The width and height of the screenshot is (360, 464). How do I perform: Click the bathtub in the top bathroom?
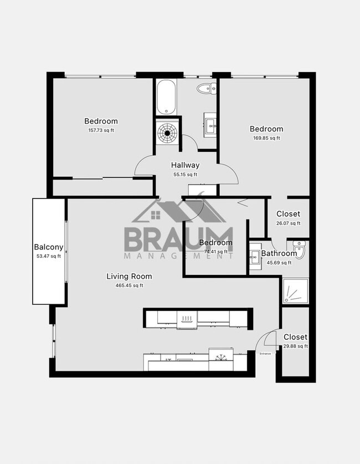166,97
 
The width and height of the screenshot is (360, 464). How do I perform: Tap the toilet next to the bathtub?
207,87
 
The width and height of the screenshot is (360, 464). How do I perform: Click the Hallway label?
185,165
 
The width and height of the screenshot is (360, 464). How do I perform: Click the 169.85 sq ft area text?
266,138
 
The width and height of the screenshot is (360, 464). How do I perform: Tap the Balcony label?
49,247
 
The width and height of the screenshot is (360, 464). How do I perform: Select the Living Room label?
130,276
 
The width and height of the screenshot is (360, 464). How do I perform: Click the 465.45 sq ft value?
130,285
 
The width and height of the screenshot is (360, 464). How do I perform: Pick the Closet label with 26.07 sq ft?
288,214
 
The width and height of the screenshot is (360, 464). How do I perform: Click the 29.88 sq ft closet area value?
295,346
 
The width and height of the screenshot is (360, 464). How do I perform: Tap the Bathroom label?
279,253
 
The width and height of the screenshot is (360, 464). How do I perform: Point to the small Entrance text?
266,353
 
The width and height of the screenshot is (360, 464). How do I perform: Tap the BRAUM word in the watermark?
177,238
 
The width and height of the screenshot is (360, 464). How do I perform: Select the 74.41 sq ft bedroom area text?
215,252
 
